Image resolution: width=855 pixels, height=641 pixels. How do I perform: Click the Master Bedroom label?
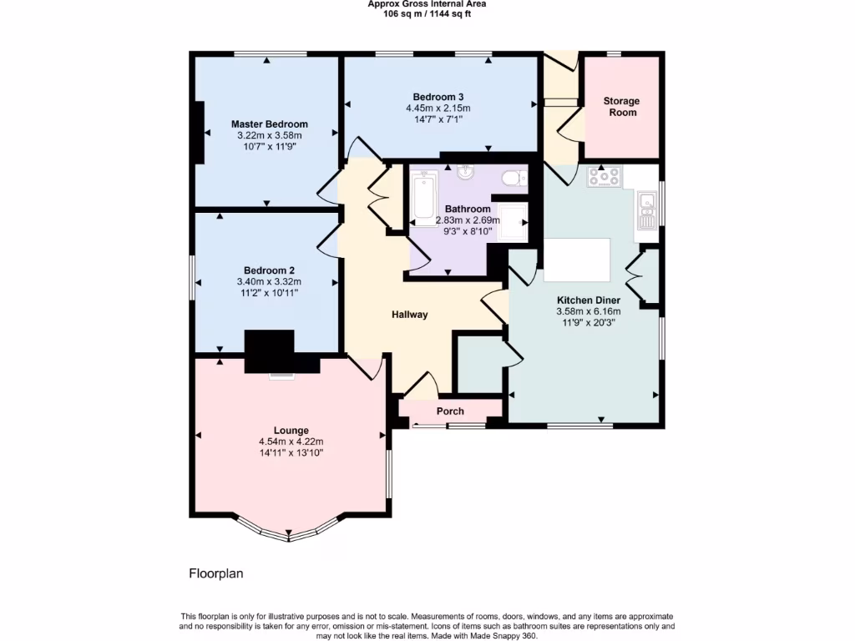[269, 124]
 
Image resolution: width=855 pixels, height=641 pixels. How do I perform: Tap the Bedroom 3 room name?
[438, 96]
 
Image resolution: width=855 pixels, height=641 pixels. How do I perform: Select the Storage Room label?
[621, 107]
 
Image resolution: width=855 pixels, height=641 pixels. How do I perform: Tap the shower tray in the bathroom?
[513, 221]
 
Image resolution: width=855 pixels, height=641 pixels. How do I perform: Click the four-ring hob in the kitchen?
[604, 177]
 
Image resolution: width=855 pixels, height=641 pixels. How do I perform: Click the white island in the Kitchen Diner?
[577, 260]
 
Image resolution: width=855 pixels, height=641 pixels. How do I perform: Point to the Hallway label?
[410, 315]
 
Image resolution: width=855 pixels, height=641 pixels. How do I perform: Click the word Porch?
[451, 411]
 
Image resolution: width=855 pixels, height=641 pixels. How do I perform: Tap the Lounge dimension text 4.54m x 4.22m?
[291, 442]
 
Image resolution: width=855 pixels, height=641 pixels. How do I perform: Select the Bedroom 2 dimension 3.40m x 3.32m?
[269, 281]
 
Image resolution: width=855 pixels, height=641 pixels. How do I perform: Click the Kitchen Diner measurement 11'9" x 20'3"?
[589, 322]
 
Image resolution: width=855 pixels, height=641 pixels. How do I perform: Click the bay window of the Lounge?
[289, 532]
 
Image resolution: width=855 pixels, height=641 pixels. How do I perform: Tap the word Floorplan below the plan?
[215, 574]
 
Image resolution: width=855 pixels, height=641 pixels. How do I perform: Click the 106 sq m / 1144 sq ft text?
[427, 13]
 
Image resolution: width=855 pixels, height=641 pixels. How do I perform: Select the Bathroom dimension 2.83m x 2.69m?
[468, 220]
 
